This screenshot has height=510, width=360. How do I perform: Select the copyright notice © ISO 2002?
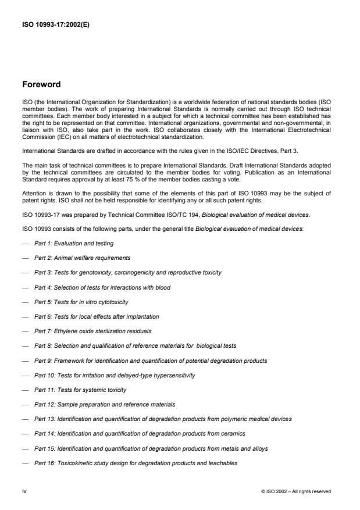pos(296,491)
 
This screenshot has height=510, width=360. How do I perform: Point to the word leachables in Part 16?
pos(219,463)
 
